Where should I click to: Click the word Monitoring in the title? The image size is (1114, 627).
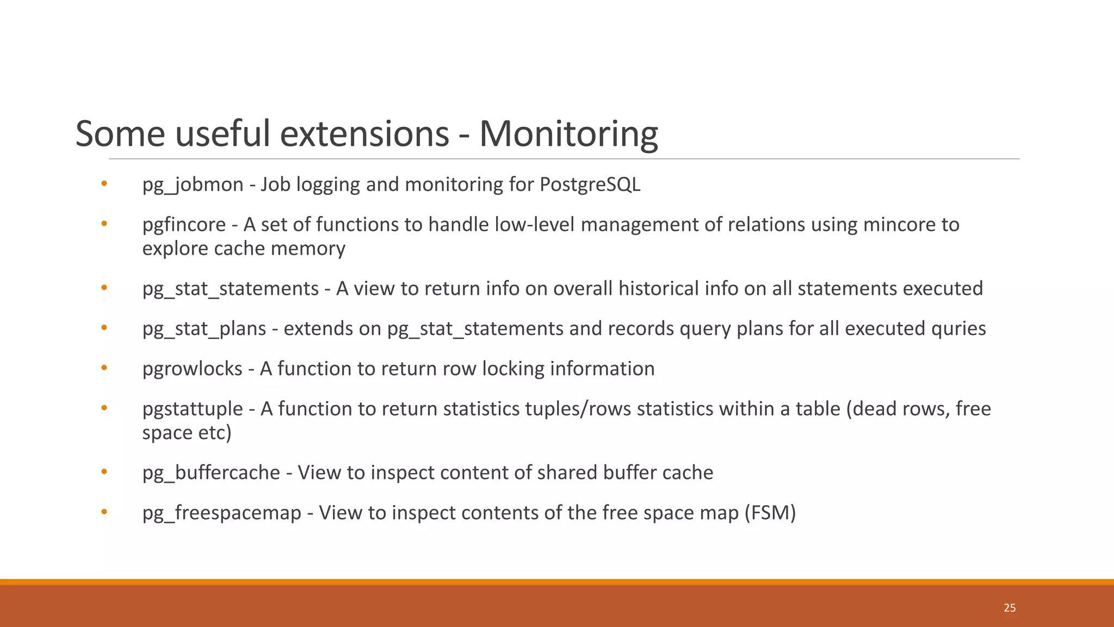pyautogui.click(x=568, y=134)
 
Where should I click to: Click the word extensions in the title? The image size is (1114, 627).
pyautogui.click(x=364, y=134)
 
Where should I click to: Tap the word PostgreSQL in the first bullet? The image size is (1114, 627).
pyautogui.click(x=590, y=185)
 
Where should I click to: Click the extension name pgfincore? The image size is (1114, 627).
pyautogui.click(x=184, y=225)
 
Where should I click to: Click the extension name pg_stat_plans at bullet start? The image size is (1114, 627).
pyautogui.click(x=204, y=329)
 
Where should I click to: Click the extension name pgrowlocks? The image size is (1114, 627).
pyautogui.click(x=192, y=369)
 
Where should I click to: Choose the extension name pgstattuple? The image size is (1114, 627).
pyautogui.click(x=193, y=409)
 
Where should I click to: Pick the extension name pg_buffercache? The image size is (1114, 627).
pyautogui.click(x=211, y=472)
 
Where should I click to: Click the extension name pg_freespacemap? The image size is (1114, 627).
pyautogui.click(x=221, y=513)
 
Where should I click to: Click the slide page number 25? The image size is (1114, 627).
pyautogui.click(x=1010, y=608)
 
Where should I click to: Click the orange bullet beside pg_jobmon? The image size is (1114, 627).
pyautogui.click(x=104, y=184)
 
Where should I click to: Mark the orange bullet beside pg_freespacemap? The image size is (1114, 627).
pyautogui.click(x=104, y=512)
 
